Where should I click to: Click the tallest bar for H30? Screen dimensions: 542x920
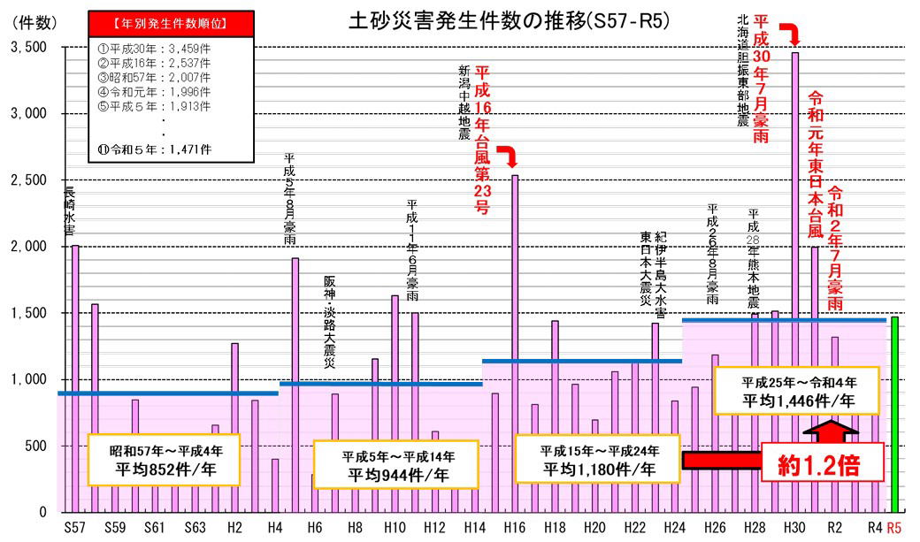click(794, 265)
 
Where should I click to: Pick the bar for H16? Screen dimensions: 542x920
click(515, 336)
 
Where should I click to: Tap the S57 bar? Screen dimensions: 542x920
click(75, 371)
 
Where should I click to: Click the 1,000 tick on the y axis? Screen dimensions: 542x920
click(28, 379)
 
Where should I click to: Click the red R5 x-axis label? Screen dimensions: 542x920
click(894, 527)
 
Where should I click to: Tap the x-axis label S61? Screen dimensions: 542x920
click(154, 527)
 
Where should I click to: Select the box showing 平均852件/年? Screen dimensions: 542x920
click(165, 460)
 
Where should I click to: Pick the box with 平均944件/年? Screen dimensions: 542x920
click(399, 464)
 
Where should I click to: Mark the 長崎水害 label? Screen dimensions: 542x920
click(69, 210)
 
